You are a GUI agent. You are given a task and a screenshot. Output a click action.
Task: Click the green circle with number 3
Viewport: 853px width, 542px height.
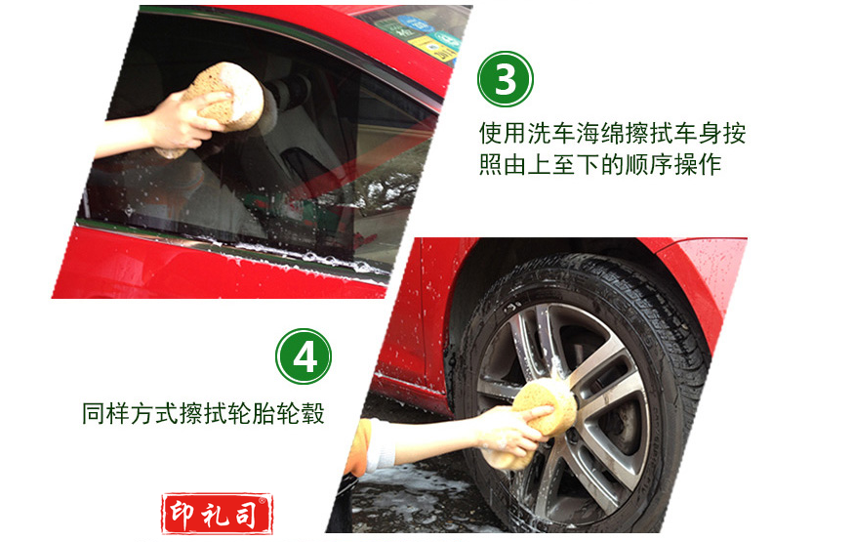506,79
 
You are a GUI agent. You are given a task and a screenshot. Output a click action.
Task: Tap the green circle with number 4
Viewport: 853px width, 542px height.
303,356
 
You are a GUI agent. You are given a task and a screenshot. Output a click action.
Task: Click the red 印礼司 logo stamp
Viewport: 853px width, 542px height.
217,513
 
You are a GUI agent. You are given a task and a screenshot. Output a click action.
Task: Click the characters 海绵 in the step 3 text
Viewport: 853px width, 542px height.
600,134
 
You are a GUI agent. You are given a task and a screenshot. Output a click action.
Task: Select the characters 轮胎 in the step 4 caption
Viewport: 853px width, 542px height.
252,413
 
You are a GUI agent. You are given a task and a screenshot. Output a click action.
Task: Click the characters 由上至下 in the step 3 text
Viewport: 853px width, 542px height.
551,164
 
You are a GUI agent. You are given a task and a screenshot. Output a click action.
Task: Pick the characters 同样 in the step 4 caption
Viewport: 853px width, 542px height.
105,413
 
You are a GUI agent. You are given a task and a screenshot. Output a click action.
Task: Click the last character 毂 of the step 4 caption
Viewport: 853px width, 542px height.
313,413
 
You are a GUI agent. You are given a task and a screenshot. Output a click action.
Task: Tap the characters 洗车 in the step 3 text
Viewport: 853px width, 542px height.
551,134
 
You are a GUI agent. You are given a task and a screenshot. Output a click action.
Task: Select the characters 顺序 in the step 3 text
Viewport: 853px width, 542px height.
648,164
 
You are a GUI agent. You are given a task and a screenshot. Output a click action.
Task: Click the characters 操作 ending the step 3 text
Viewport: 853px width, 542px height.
697,164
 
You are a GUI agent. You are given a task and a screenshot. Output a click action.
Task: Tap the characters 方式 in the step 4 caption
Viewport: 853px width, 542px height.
154,413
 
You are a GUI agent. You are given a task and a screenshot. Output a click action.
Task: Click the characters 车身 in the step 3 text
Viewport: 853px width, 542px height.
697,134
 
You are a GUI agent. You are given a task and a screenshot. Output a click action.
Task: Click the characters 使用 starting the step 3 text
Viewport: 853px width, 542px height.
504,134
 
